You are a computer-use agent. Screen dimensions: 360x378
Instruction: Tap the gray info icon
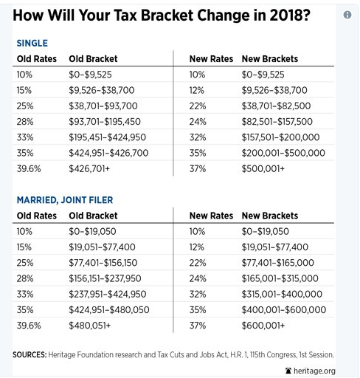[347, 15]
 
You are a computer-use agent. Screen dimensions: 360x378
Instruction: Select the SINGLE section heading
[32, 44]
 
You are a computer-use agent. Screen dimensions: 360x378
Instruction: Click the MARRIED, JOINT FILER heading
[65, 200]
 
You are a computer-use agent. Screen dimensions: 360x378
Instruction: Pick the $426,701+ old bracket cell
[89, 169]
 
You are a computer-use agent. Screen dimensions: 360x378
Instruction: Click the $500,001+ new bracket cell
[263, 169]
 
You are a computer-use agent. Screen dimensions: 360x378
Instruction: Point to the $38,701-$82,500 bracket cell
[276, 106]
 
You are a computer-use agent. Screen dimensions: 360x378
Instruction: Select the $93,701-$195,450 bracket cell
[105, 122]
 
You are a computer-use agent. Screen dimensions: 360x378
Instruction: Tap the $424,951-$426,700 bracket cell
[108, 153]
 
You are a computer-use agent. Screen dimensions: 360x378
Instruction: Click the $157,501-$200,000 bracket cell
[280, 137]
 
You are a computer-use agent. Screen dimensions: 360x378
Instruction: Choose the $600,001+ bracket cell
[263, 326]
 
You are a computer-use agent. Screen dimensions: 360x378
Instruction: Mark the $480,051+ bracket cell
[90, 326]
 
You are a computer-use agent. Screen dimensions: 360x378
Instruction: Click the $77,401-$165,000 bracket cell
[278, 263]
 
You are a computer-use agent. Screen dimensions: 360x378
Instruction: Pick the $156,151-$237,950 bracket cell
[105, 278]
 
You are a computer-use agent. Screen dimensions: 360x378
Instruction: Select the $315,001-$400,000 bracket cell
[282, 294]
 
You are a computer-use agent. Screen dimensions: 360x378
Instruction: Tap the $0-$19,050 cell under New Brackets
[266, 232]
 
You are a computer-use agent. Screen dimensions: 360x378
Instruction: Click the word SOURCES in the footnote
[30, 354]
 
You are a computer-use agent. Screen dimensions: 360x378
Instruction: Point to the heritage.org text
[314, 371]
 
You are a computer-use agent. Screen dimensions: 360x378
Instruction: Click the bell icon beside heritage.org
[288, 371]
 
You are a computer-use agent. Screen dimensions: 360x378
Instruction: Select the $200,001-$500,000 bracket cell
[283, 153]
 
